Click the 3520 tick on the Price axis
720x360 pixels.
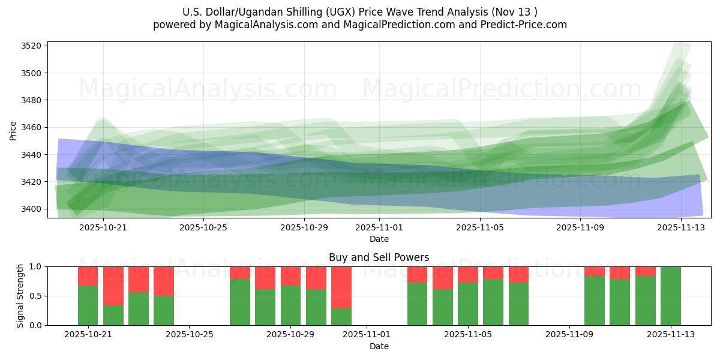pyautogui.click(x=31, y=46)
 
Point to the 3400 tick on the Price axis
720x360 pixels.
pyautogui.click(x=31, y=209)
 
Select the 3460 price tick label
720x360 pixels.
pyautogui.click(x=31, y=127)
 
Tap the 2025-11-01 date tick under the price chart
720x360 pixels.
pyautogui.click(x=379, y=228)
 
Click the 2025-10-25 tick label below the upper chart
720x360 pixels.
pyautogui.click(x=203, y=228)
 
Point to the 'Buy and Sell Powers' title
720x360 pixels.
pyautogui.click(x=379, y=258)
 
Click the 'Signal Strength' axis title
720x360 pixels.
pyautogui.click(x=21, y=296)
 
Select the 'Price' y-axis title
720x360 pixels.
pyautogui.click(x=13, y=130)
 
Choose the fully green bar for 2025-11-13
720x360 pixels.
pyautogui.click(x=670, y=296)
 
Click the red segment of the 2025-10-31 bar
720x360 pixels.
pyautogui.click(x=341, y=287)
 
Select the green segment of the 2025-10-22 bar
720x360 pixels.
pyautogui.click(x=113, y=315)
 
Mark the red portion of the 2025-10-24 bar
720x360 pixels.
pyautogui.click(x=164, y=281)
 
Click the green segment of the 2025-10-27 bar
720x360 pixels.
pyautogui.click(x=240, y=302)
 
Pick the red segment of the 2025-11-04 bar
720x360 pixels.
pyautogui.click(x=443, y=277)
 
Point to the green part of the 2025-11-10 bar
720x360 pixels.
pyautogui.click(x=595, y=300)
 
